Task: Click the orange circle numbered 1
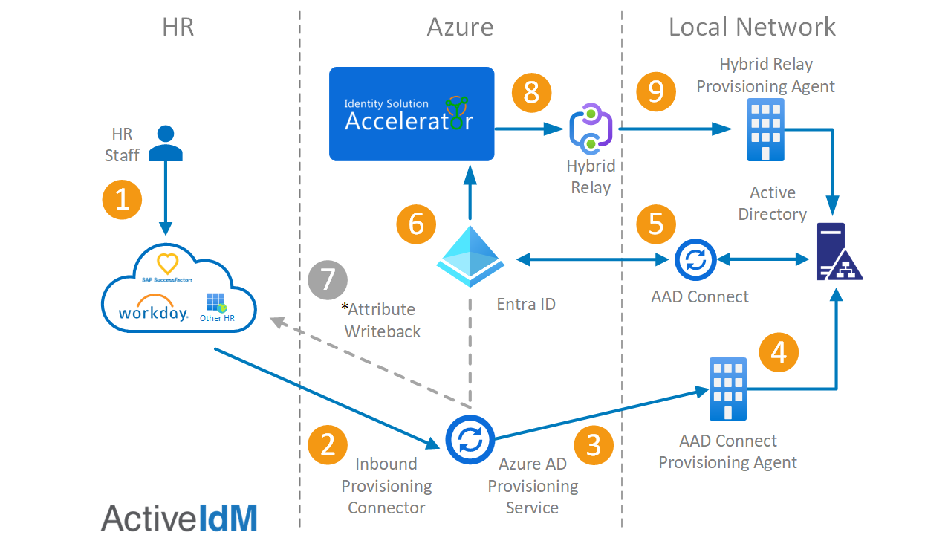click(122, 200)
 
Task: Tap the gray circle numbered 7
click(328, 280)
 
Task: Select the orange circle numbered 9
click(656, 91)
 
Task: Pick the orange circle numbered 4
click(779, 352)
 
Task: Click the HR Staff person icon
click(166, 143)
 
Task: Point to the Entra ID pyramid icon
click(470, 256)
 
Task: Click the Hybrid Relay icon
click(591, 129)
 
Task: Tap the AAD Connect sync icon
click(695, 260)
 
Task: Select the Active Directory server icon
click(840, 251)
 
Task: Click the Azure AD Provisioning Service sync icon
click(470, 439)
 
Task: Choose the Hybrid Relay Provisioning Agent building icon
click(765, 129)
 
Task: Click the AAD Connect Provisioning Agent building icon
click(727, 389)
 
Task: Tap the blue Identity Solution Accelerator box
click(412, 114)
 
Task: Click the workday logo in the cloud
click(153, 308)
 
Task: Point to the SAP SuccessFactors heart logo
click(167, 264)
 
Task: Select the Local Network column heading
click(752, 27)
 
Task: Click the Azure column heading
click(460, 27)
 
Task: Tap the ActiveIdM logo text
click(179, 518)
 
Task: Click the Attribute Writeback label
click(381, 320)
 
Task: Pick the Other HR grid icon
click(216, 302)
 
